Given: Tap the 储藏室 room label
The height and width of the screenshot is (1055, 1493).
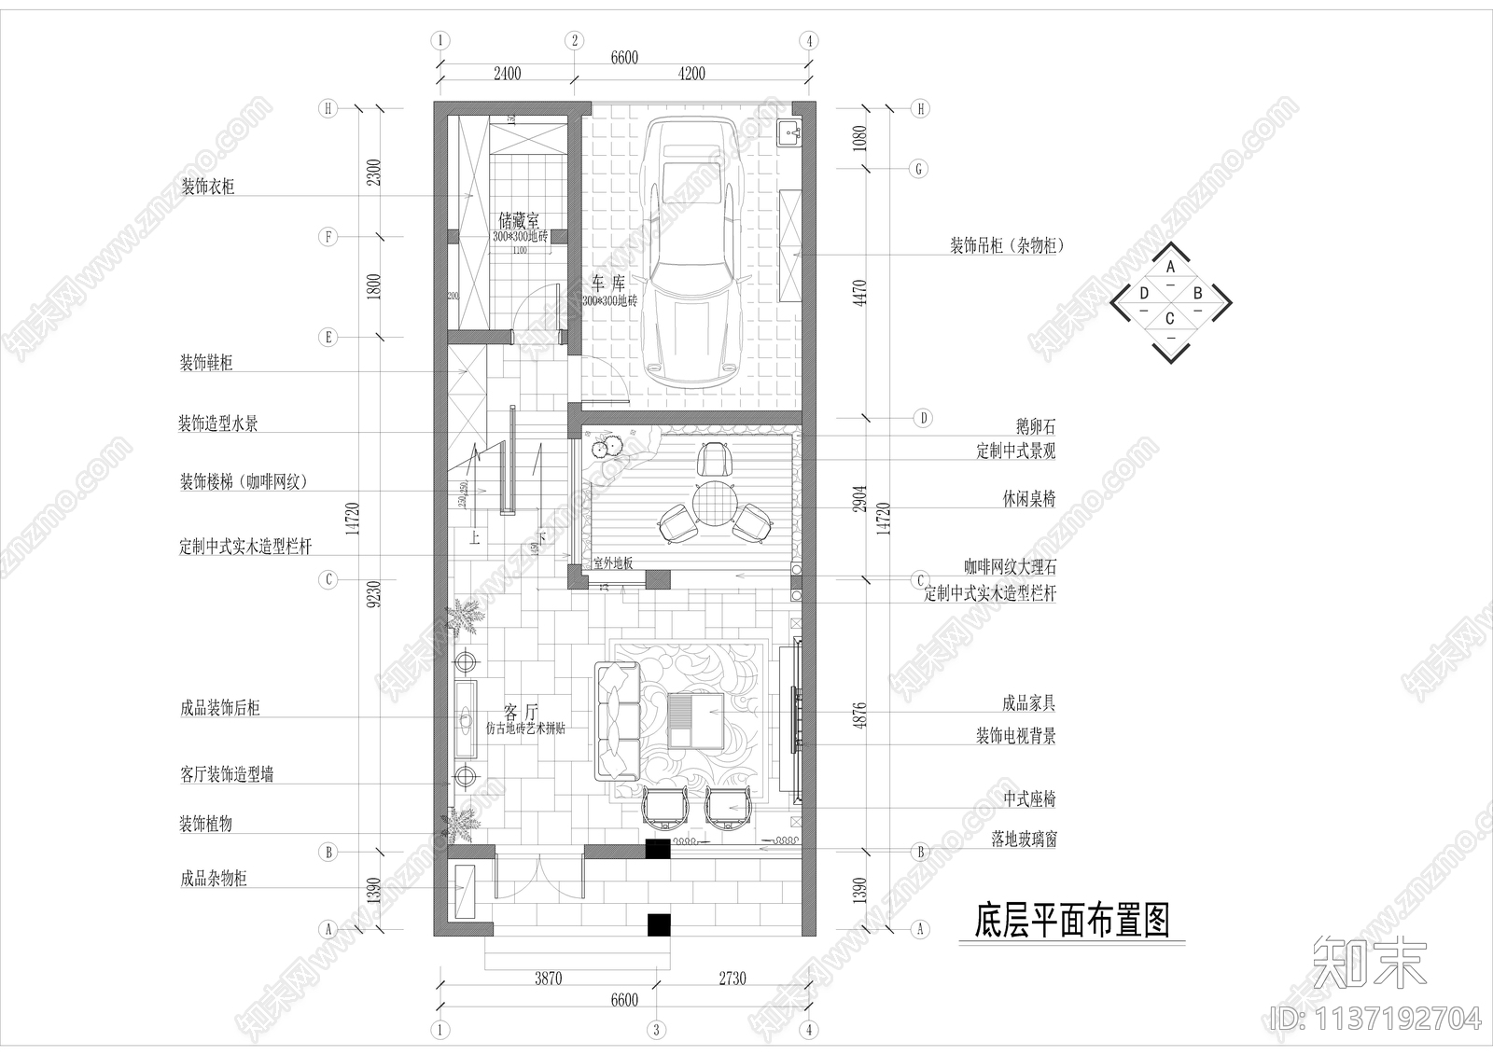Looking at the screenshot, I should point(519,221).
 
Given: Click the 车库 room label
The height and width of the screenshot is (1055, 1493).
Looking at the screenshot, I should point(607,283).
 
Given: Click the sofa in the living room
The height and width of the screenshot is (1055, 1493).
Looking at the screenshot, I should point(616,720).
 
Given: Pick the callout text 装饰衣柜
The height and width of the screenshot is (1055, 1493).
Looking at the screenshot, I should point(208,187).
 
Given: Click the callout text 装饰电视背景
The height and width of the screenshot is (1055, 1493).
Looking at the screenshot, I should point(1015,736).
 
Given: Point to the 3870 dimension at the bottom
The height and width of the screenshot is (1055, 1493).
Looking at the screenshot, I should point(548,979).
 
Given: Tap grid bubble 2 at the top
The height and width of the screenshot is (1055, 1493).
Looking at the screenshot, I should point(574,41).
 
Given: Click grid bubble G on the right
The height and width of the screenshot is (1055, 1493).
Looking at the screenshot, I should point(920,169).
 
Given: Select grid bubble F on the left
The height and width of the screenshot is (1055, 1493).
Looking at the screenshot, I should point(328,237).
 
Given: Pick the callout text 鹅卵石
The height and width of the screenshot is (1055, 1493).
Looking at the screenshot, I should point(1035,426).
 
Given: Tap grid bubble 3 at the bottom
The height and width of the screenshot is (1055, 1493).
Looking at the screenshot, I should point(658,1031).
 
